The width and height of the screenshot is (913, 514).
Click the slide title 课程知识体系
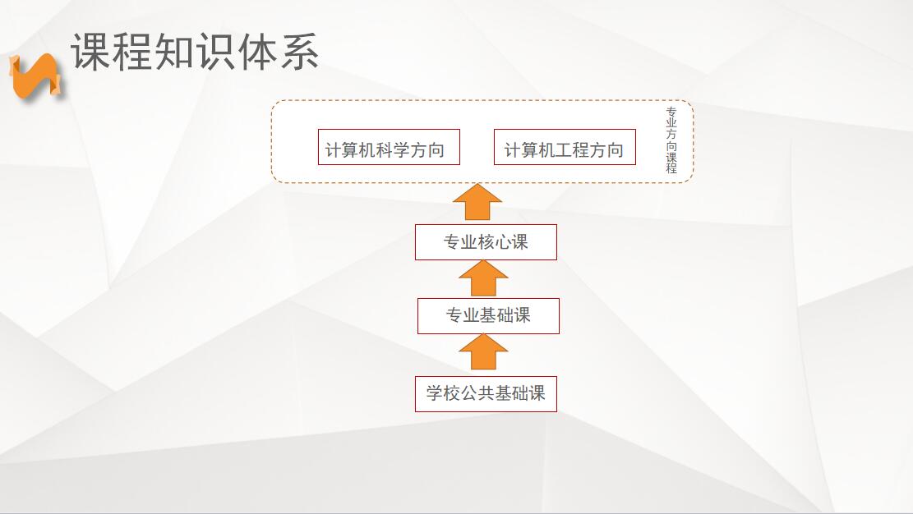point(195,52)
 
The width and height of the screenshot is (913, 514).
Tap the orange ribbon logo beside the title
point(35,76)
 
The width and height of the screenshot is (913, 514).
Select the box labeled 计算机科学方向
point(389,147)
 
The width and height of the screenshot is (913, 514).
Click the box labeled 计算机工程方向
point(565,147)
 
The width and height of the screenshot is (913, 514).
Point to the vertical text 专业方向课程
point(671,140)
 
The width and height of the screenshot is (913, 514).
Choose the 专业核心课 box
point(486,242)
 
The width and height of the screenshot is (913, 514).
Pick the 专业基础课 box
point(488,316)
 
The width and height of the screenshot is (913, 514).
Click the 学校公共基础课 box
point(486,394)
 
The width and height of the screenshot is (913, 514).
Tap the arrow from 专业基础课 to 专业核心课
point(483,278)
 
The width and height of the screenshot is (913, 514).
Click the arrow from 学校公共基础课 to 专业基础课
point(483,351)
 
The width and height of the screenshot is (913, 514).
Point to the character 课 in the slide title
point(91,52)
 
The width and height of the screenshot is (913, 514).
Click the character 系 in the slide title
point(299,52)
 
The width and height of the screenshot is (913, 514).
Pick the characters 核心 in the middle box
point(486,242)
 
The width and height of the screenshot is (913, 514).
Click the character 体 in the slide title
point(257,52)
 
